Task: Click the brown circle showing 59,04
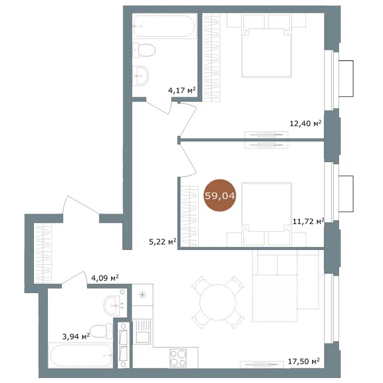pyautogui.click(x=220, y=195)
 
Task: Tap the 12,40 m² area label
pyautogui.click(x=305, y=124)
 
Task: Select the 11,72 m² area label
pyautogui.click(x=308, y=221)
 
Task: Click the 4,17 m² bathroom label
pyautogui.click(x=181, y=90)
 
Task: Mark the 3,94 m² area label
pyautogui.click(x=76, y=337)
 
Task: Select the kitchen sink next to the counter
pyautogui.click(x=142, y=331)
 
